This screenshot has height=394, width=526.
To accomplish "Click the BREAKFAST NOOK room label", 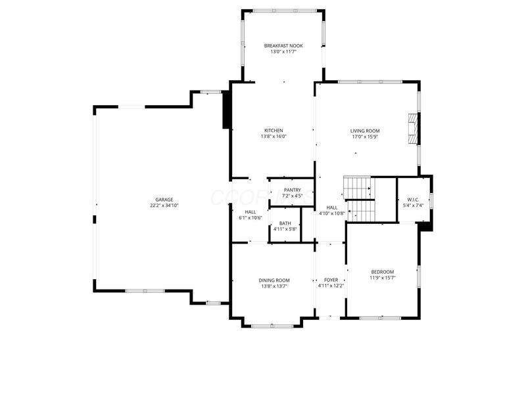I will pos(283,45).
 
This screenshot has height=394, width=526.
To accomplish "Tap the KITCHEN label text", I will pos(274,130).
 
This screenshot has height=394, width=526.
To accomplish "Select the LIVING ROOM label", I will pos(365,131).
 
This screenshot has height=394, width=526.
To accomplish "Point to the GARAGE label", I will pos(164,200).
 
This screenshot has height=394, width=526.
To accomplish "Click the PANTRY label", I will pos(292,190).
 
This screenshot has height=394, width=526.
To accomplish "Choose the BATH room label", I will pos(285,223).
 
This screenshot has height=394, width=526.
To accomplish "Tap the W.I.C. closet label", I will pos(413,200).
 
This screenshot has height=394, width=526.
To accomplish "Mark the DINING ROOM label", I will pos(274,280).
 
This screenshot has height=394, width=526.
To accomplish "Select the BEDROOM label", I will pos(382,272).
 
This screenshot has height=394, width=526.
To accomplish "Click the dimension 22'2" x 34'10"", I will pos(164,206).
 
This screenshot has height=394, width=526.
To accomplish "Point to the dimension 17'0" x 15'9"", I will pos(365,137).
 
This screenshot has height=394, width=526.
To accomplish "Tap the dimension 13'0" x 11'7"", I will pos(283,51).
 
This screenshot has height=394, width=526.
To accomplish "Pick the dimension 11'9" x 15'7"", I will pos(382,278).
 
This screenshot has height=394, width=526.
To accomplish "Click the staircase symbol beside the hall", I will pos(360,198).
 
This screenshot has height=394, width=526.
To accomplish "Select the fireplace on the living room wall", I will pos(412,129).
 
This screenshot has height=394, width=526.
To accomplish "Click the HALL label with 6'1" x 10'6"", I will pos(251,212).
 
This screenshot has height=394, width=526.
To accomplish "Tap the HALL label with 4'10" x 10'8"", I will pos(332,208).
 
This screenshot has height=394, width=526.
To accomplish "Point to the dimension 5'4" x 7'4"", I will pos(413,206).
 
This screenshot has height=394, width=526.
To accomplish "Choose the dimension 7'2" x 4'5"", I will pos(292,196).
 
